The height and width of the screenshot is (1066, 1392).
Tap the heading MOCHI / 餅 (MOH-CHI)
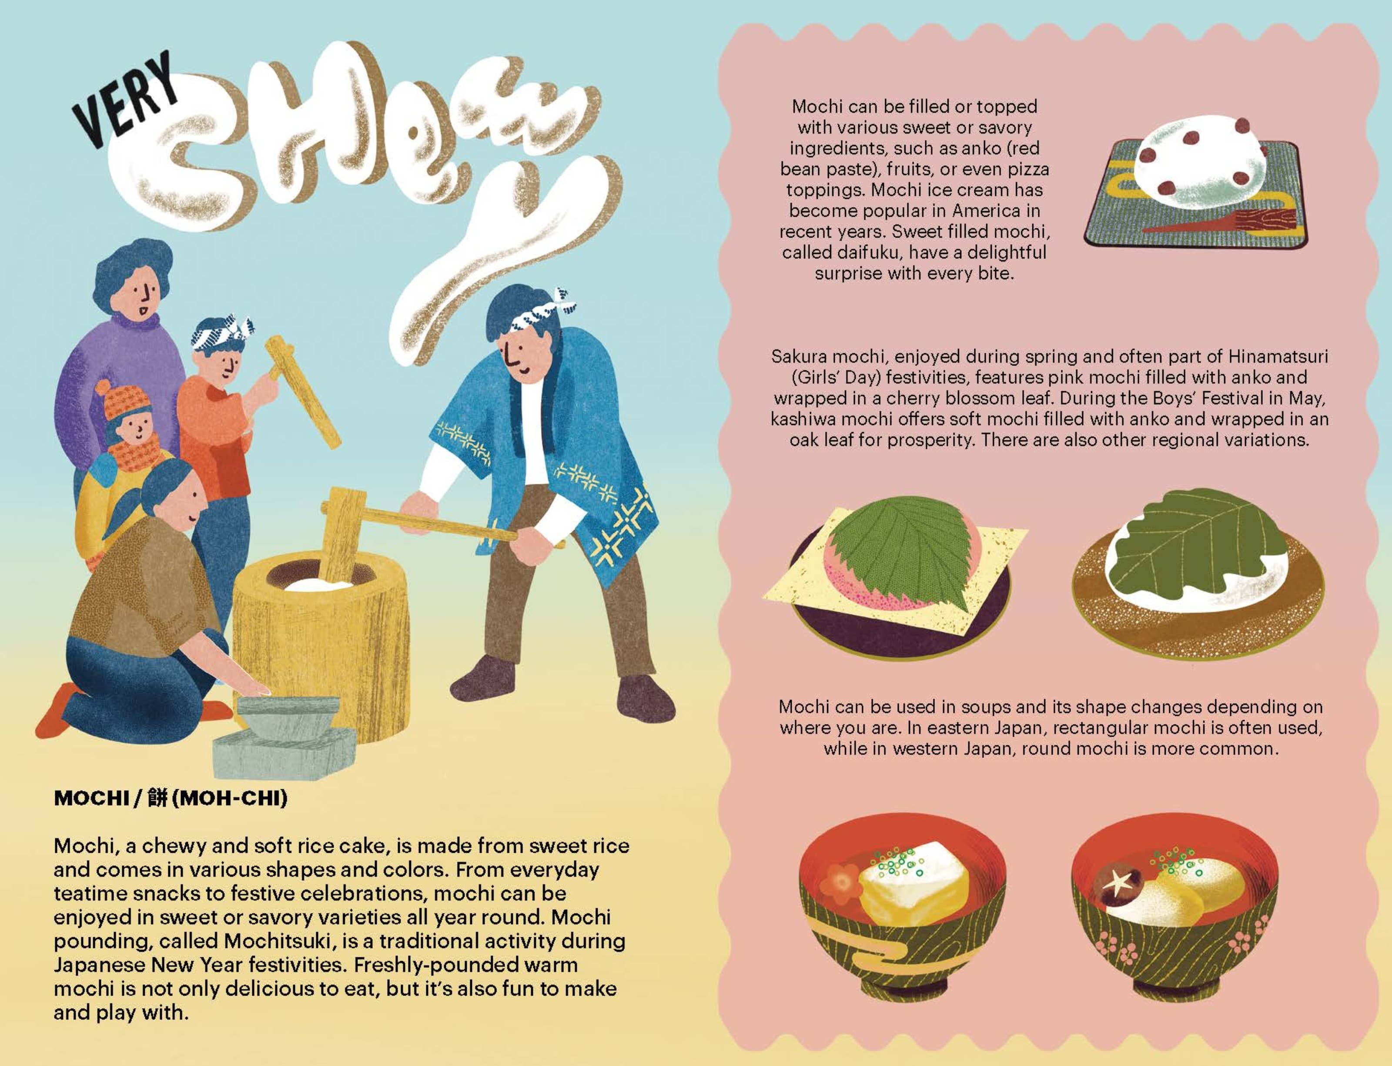click(x=171, y=798)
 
